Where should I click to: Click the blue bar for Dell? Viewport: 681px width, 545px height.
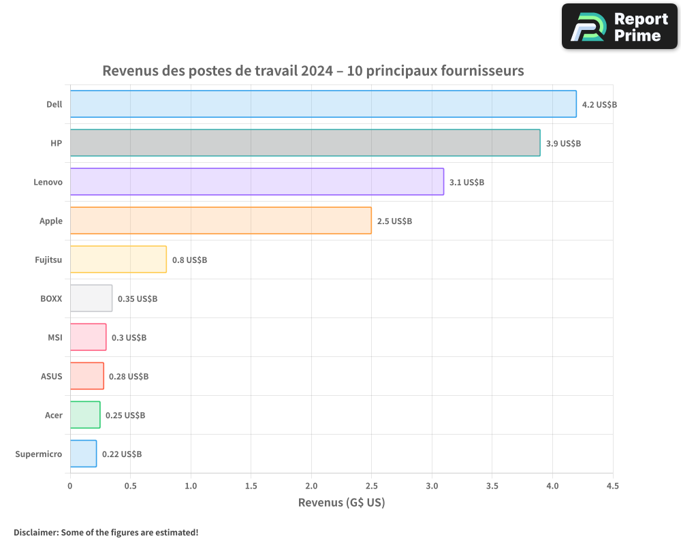pos(323,104)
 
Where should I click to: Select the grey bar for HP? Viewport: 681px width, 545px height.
pos(305,143)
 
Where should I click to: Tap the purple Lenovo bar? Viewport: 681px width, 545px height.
pos(257,182)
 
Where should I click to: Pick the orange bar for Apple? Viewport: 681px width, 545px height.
pos(221,221)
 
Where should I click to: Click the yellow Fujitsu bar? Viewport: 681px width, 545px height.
pos(118,260)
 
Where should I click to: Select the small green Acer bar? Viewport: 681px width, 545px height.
pos(85,415)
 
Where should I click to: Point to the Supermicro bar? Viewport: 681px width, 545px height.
pos(83,454)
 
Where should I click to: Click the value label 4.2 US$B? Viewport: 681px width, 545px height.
pos(599,105)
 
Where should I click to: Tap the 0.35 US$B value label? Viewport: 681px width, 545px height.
pos(138,299)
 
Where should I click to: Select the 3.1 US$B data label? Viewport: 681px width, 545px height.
pos(466,183)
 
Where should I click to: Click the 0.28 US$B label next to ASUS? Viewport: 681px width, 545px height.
pos(129,377)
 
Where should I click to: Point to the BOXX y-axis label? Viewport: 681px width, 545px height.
pos(51,298)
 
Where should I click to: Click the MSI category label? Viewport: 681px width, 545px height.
pos(55,337)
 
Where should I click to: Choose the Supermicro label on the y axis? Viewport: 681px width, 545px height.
pos(39,454)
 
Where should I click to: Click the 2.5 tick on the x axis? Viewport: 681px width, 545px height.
pos(371,486)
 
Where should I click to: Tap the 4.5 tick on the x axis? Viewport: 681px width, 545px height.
pos(612,486)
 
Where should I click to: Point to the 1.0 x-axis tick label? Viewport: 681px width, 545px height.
pos(191,486)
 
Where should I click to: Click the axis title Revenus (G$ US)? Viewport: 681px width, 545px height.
pos(341,503)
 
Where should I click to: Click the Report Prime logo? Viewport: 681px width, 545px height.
pos(619,27)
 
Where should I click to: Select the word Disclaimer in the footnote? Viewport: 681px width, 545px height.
pos(35,532)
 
